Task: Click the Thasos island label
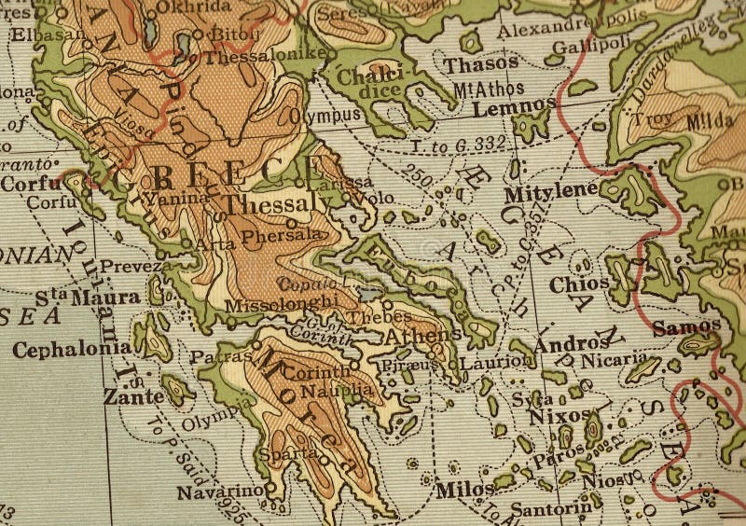tap(480, 64)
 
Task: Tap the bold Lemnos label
tap(514, 108)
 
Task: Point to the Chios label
tap(579, 284)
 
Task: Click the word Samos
tap(686, 327)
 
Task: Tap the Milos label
tap(464, 490)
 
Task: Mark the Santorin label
tap(551, 509)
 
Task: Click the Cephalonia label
tap(72, 349)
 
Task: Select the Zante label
tap(133, 396)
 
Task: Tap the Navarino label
tap(220, 491)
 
